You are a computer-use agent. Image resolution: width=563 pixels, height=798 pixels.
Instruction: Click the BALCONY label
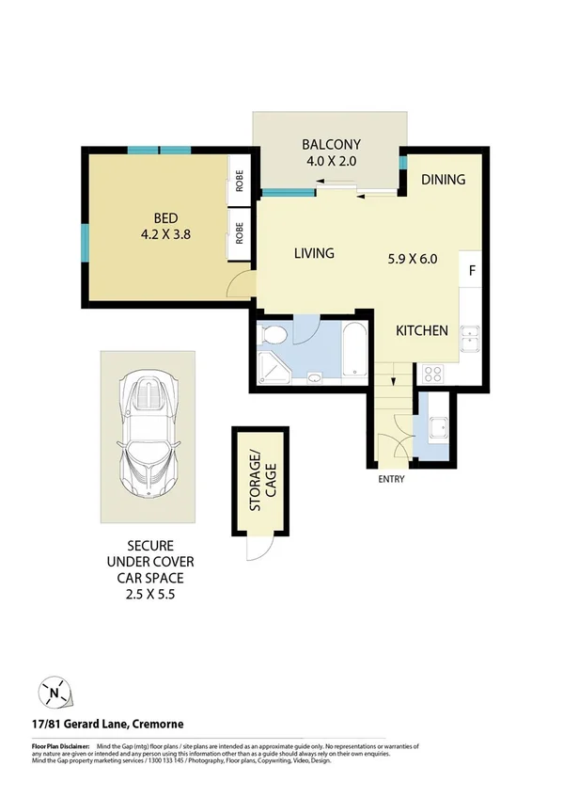pyautogui.click(x=331, y=144)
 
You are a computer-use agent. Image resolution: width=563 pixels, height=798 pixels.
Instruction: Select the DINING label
pyautogui.click(x=443, y=179)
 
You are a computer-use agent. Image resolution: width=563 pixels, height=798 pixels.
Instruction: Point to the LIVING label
pyautogui.click(x=314, y=253)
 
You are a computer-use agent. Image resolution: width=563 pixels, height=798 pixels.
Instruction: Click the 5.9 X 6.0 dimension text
pyautogui.click(x=413, y=259)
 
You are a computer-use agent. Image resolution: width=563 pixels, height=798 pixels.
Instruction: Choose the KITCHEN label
pyautogui.click(x=421, y=330)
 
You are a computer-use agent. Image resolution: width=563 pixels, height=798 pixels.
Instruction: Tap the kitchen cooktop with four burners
pyautogui.click(x=433, y=374)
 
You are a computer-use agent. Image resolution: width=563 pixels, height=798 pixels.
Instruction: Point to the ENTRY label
pyautogui.click(x=390, y=479)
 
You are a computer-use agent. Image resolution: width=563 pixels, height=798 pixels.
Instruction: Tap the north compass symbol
pyautogui.click(x=55, y=694)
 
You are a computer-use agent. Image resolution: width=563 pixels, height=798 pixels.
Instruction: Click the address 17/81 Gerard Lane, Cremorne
pyautogui.click(x=102, y=724)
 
